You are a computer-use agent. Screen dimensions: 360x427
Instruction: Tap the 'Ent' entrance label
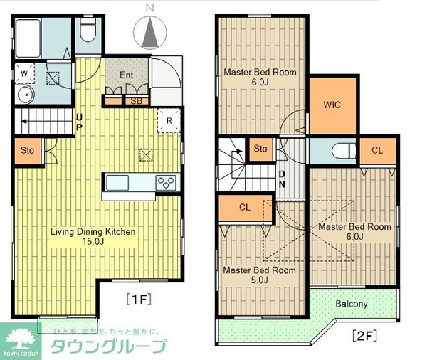pos(126,75)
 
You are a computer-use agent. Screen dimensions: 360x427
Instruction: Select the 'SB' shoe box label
pos(135,101)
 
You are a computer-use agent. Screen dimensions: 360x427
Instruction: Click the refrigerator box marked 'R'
pos(168,120)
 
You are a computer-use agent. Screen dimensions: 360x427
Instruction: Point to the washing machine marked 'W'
pos(24,73)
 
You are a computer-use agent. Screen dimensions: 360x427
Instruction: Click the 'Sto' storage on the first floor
pos(27,150)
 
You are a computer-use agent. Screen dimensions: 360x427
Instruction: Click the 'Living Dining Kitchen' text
pos(93,232)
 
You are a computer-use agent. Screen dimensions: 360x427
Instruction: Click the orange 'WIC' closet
pos(332,105)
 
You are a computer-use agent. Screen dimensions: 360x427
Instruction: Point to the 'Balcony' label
pos(352,304)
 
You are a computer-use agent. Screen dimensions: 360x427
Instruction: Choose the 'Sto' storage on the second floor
pos(260,149)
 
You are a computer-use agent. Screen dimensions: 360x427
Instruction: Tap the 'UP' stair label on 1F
pos(80,122)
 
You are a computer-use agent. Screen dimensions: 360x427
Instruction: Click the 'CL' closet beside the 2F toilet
pos(376,150)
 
